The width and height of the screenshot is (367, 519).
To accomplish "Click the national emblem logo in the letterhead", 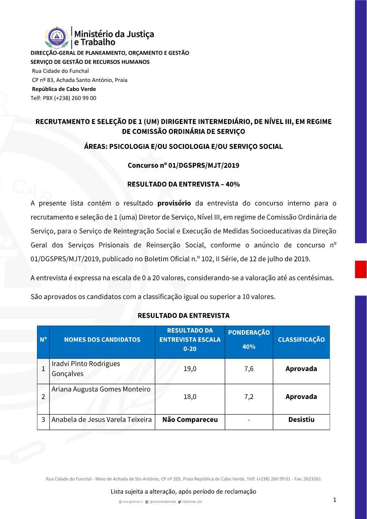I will [57, 37].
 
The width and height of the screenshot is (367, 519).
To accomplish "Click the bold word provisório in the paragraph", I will [174, 203].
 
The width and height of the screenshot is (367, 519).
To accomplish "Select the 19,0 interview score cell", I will [190, 369].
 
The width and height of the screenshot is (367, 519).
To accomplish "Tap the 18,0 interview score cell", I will [190, 397].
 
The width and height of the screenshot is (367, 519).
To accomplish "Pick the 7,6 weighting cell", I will [249, 369].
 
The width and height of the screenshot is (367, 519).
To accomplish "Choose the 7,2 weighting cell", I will [249, 397].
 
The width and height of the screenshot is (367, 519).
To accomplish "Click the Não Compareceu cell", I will [190, 420].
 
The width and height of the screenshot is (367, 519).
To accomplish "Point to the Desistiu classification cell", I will [301, 420].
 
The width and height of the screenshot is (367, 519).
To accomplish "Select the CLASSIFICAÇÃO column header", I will [301, 340].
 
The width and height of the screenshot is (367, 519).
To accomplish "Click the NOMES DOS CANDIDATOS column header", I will [102, 340].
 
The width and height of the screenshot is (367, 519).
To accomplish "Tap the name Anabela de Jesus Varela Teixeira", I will [102, 420].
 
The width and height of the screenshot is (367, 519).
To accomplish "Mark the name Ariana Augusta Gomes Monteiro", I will [101, 389].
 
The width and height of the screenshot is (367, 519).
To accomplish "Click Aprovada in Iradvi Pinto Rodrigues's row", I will [301, 369].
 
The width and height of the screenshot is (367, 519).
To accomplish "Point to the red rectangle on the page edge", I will [361, 269].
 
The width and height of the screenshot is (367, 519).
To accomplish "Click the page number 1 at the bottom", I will [335, 500].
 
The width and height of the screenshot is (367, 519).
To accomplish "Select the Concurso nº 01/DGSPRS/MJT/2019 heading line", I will [183, 166].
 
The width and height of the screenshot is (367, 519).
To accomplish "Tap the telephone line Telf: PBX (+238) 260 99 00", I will [63, 98].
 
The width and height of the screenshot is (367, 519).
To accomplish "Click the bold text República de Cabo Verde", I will [64, 89].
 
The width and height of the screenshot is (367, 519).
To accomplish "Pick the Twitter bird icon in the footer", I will [179, 502].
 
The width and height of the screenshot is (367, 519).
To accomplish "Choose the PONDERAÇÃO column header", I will [249, 333].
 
